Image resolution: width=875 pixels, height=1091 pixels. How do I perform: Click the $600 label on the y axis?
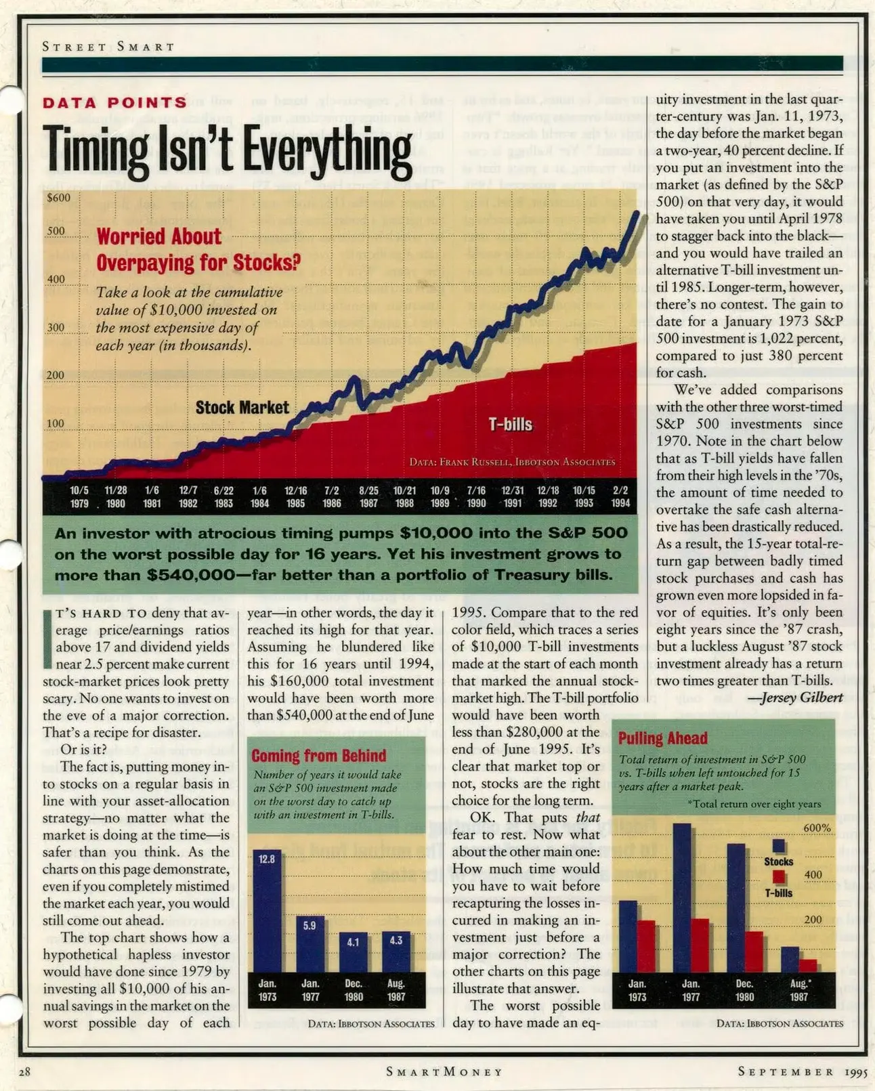click(x=58, y=198)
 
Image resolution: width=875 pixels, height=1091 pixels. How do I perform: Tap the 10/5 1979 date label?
click(x=79, y=496)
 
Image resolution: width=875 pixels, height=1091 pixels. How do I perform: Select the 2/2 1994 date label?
click(x=620, y=496)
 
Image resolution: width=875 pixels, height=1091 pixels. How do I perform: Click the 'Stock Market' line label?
click(x=242, y=407)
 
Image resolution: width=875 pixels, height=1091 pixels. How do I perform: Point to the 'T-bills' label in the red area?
click(x=511, y=425)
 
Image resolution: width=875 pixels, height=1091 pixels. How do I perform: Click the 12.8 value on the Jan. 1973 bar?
click(x=267, y=859)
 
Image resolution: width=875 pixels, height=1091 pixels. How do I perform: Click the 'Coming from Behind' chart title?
click(x=318, y=756)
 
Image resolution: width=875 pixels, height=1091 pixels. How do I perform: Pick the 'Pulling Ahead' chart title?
click(x=662, y=738)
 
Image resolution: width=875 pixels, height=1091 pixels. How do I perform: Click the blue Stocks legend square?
click(x=779, y=846)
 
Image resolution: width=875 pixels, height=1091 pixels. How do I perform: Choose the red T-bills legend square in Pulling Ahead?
click(x=779, y=877)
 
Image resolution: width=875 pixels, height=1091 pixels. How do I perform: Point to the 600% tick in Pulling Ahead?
click(x=817, y=828)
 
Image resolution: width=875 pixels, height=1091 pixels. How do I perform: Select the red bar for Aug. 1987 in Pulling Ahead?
click(x=807, y=965)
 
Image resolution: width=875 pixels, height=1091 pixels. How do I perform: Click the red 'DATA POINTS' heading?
click(x=114, y=103)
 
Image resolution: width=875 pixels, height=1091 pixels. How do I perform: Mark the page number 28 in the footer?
click(x=24, y=1071)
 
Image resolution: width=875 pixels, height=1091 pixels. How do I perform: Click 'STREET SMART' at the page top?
click(x=108, y=47)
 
